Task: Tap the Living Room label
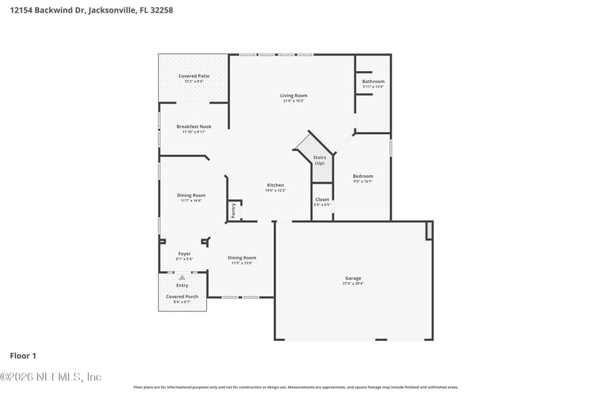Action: (293, 95)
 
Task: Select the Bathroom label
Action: (373, 82)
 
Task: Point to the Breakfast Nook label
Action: (194, 126)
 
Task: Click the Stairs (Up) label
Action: (320, 160)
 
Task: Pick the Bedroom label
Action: (363, 176)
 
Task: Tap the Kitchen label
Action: (275, 185)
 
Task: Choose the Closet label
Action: (322, 199)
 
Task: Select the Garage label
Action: (353, 278)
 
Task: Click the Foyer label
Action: (184, 253)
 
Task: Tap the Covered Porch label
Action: (181, 296)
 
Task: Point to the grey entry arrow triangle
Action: (182, 277)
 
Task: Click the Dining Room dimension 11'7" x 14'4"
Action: (191, 201)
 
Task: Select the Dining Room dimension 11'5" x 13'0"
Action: (242, 263)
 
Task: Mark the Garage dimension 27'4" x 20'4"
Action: (353, 284)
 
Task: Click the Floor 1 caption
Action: (23, 356)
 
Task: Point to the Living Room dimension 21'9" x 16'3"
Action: (293, 101)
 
